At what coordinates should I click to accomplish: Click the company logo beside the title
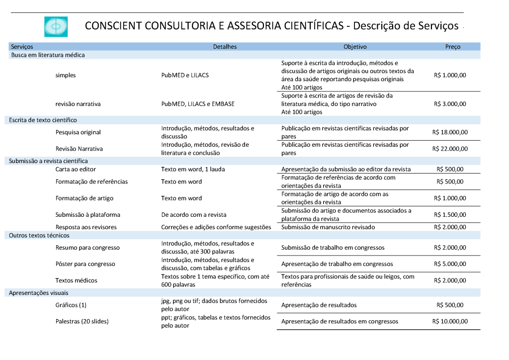coord(56,26)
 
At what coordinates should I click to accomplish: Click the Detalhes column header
coord(225,47)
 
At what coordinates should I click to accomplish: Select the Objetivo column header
coord(355,47)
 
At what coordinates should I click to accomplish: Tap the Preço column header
coord(453,47)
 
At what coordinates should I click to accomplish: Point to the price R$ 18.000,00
coord(450,132)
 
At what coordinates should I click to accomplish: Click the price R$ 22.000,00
coord(450,149)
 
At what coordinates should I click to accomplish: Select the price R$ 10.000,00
coord(450,321)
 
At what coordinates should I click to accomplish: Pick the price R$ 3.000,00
coord(450,104)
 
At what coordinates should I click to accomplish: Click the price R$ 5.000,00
coord(450,264)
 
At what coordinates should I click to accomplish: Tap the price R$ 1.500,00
coord(450,215)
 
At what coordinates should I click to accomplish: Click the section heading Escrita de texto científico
coord(43,120)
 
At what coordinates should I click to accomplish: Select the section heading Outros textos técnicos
coord(39,235)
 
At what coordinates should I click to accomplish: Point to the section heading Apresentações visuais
coord(39,293)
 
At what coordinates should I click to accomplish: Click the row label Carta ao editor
coord(76,169)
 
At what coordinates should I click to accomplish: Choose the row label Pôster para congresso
coord(85,264)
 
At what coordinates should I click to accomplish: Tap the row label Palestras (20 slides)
coord(82,321)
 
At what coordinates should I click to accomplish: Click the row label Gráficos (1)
coord(71,305)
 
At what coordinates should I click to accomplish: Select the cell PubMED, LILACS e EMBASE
coord(198,104)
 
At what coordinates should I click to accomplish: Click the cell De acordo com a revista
coord(193,215)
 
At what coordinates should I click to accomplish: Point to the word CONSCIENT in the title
coord(113,25)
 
